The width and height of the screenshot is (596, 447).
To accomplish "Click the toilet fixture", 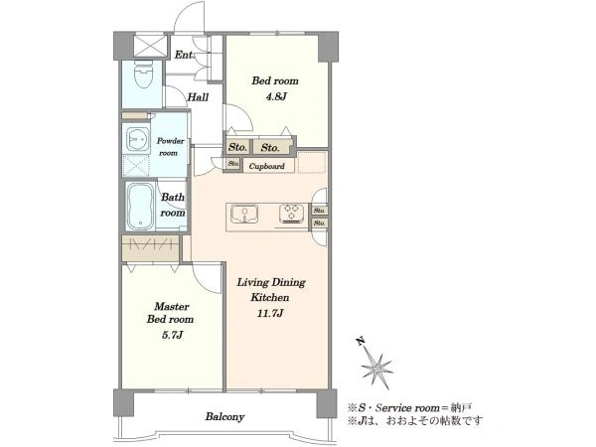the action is point(144,74).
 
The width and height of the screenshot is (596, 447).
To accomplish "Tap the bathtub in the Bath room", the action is point(140,207).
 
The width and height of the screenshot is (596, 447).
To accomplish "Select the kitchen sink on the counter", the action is point(244,215).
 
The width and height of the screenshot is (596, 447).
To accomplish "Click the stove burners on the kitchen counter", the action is point(291,214).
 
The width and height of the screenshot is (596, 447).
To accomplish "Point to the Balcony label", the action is point(224,416).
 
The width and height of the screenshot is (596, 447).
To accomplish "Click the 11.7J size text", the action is point(269,313).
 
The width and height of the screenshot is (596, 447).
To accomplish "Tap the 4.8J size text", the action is point(275,96).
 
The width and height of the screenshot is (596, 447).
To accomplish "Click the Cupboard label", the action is point(267,166).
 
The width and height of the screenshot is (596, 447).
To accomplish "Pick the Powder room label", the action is point(170,147).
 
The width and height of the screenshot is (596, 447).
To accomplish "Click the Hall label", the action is point(198,97).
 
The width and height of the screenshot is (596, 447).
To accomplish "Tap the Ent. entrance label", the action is point(184,55).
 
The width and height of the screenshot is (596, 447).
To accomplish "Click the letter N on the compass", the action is point(361,341).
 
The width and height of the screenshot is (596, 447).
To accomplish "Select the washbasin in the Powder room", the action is point(138,139).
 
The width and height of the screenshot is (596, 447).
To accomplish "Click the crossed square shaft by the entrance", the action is point(151,46).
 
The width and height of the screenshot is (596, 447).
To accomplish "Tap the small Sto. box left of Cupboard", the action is point(233,164).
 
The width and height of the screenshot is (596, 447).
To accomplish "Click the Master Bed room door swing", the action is point(206,277).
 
